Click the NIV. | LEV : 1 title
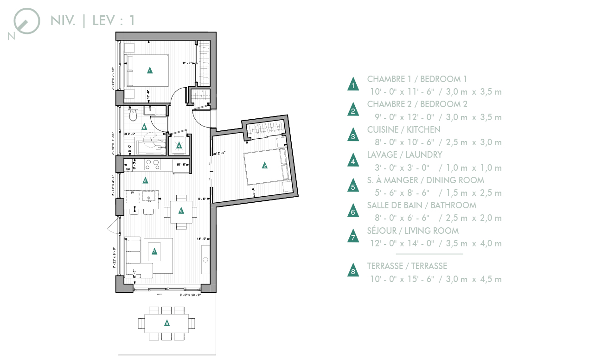[x=93, y=20]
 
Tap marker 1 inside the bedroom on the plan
[x=150, y=71]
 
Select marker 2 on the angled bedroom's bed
[x=264, y=166]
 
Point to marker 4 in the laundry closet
[x=179, y=146]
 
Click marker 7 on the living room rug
[x=154, y=252]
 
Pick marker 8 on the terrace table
[x=167, y=323]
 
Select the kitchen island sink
[x=149, y=196]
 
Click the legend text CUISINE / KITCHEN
[x=403, y=129]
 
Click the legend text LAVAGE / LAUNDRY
[x=404, y=154]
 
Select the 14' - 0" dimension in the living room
[x=201, y=239]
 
